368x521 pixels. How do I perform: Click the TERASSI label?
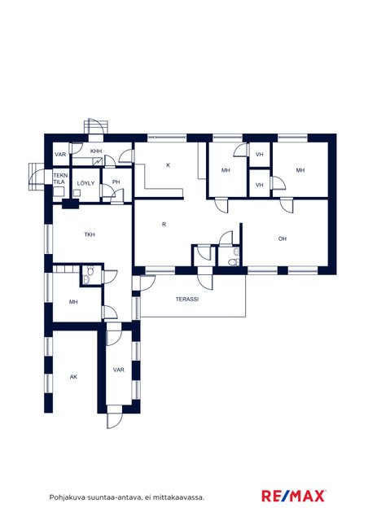[x=187, y=299]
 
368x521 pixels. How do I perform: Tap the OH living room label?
[x=283, y=239]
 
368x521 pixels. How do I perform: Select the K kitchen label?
[x=169, y=164]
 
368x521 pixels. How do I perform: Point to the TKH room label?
[x=90, y=234]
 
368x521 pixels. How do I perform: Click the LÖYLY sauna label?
[x=85, y=183]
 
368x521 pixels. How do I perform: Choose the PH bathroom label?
[x=116, y=182]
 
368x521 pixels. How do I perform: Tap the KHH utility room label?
[x=96, y=151]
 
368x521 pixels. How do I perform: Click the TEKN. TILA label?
[x=60, y=178]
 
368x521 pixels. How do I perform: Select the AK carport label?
[x=73, y=377]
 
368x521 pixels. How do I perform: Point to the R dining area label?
[x=164, y=225]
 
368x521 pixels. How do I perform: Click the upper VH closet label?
[x=260, y=155]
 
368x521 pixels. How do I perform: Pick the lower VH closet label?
[x=260, y=185]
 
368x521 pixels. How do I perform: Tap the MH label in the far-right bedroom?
[x=300, y=170]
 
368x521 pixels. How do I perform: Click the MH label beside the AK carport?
[x=73, y=302]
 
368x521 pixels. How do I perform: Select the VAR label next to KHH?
[x=60, y=155]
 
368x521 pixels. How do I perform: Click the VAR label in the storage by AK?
[x=118, y=370]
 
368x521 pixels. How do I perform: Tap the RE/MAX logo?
[x=294, y=496]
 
